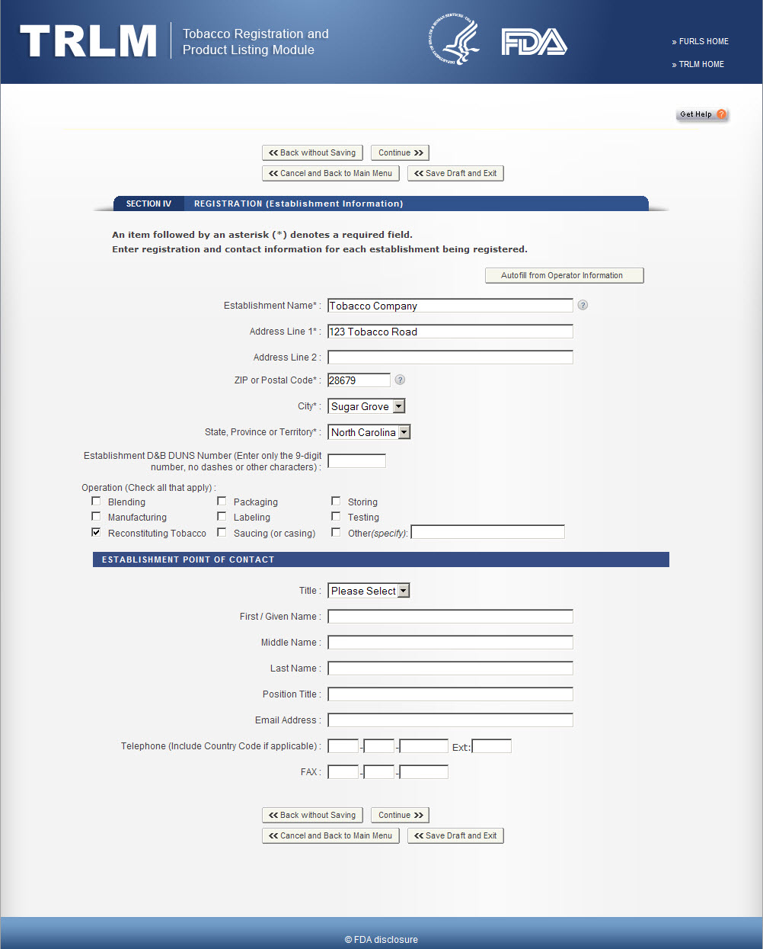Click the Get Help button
(701, 114)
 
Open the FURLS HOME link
(703, 42)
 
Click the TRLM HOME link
(701, 65)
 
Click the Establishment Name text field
(450, 306)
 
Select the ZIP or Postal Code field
(359, 380)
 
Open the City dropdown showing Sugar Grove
(366, 406)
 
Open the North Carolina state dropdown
(369, 432)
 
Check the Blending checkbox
(96, 502)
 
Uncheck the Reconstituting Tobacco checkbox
(96, 532)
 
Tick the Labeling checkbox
(222, 517)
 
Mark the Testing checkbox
(336, 517)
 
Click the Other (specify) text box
(487, 532)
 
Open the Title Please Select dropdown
(369, 591)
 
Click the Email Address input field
(450, 720)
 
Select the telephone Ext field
(491, 746)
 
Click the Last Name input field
(450, 668)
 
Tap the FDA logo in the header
(534, 42)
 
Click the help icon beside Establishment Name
(583, 305)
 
